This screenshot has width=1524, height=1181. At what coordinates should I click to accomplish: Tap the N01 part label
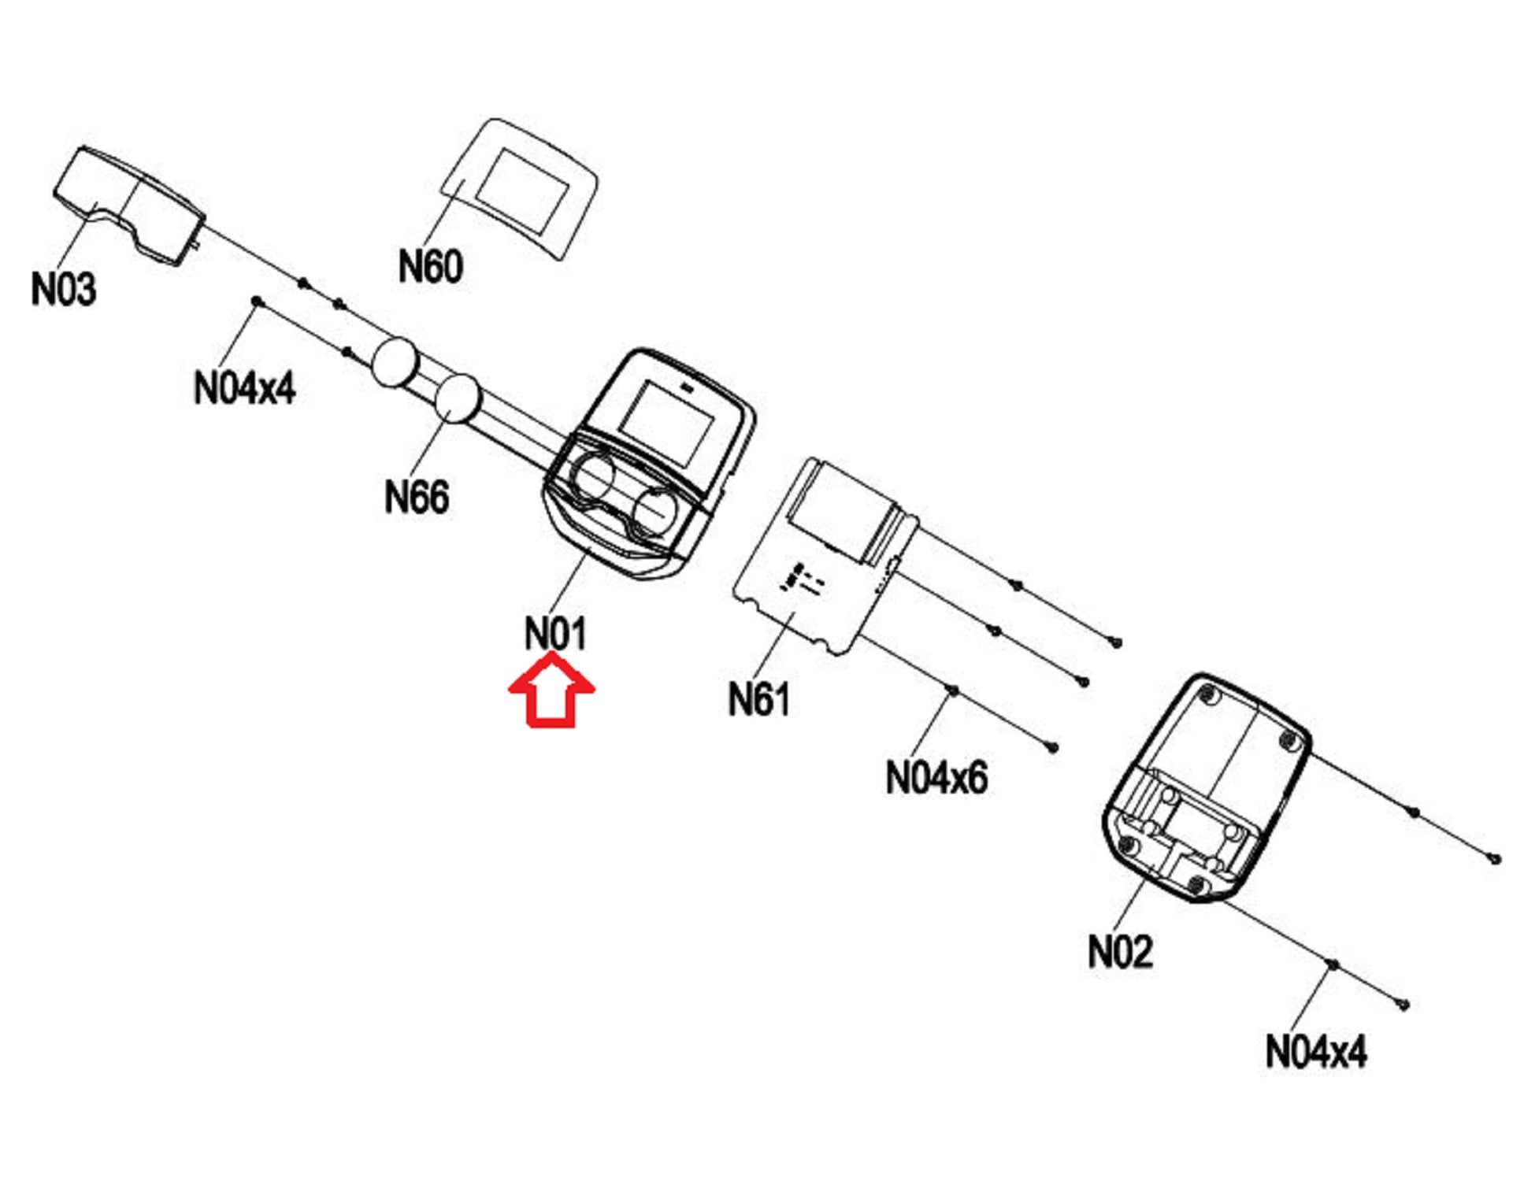[x=555, y=633]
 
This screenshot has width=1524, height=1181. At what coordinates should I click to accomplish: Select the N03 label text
[x=63, y=289]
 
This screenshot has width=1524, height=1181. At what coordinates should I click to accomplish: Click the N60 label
[x=430, y=266]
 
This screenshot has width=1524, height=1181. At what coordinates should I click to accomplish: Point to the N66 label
[x=416, y=497]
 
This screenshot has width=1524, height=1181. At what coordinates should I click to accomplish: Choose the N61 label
[x=758, y=699]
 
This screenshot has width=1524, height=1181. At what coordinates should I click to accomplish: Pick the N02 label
[x=1119, y=951]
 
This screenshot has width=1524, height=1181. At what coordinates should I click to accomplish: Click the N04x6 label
[x=936, y=778]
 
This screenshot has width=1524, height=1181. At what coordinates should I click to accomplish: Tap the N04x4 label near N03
[x=244, y=387]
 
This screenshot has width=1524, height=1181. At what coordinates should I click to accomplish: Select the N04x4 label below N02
[x=1315, y=1051]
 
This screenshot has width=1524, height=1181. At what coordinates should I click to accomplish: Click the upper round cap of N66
[x=394, y=362]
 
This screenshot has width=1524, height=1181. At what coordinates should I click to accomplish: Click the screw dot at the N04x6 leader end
[x=953, y=690]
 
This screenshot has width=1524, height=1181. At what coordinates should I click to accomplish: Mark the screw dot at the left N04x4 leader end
[x=256, y=301]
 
